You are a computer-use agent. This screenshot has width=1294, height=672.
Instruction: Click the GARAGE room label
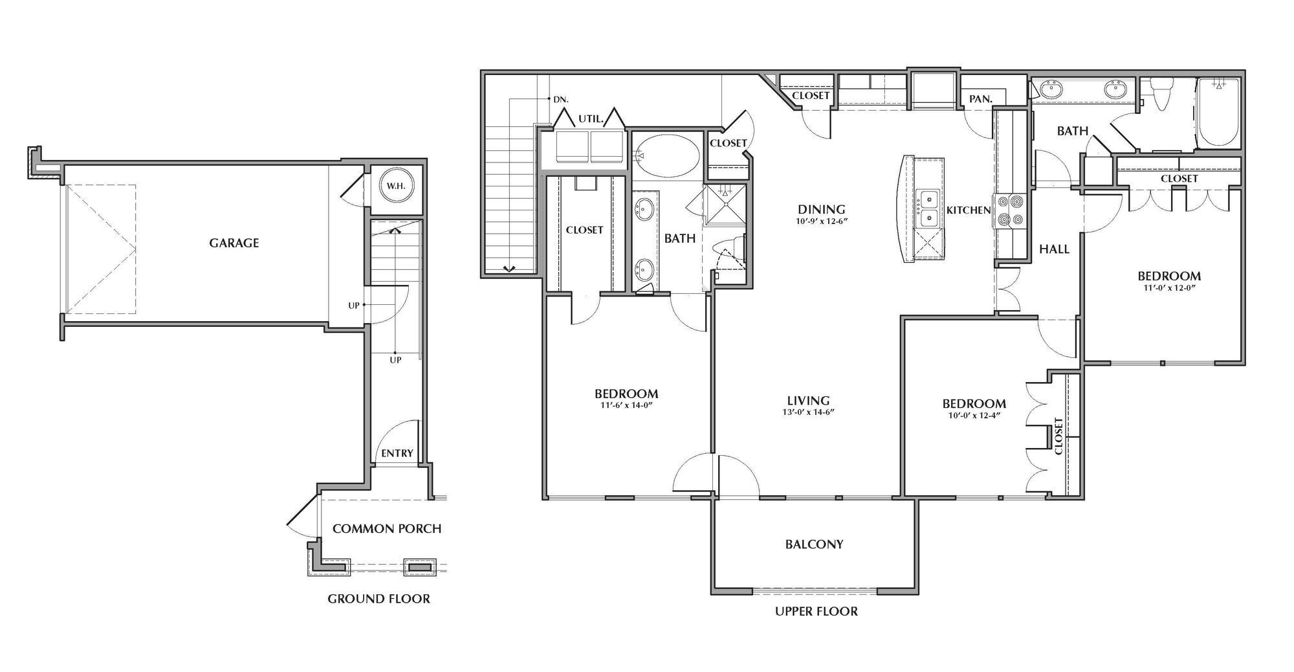click(x=234, y=243)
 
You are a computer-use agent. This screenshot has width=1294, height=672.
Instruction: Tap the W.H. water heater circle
click(x=395, y=186)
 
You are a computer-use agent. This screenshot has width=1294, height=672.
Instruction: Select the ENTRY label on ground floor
click(x=397, y=453)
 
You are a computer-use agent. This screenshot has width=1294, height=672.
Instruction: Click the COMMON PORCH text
click(x=387, y=528)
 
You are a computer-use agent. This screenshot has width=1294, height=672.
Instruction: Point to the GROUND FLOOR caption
click(x=378, y=598)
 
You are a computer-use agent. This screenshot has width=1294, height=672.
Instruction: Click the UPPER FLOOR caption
click(x=816, y=611)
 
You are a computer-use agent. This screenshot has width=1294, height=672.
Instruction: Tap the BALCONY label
click(x=814, y=544)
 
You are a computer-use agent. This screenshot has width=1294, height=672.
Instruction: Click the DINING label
click(x=821, y=209)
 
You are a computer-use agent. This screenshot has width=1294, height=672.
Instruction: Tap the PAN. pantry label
click(x=980, y=99)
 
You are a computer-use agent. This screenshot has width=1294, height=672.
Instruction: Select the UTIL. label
click(x=591, y=119)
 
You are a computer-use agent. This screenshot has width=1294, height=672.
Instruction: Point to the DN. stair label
click(x=560, y=100)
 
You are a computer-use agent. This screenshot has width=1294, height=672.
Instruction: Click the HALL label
click(x=1054, y=249)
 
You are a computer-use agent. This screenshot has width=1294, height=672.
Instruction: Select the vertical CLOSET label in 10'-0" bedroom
click(x=1058, y=436)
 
